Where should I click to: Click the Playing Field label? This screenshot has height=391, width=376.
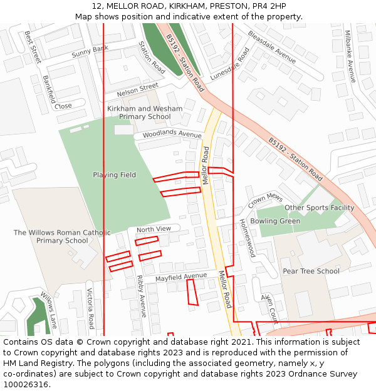(114, 175)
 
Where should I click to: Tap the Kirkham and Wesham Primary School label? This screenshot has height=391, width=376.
(145, 113)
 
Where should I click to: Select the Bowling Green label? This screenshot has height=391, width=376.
(275, 221)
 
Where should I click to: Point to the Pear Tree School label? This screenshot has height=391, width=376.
(311, 271)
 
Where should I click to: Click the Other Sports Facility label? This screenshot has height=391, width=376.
(319, 208)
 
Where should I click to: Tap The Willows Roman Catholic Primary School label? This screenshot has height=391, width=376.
(61, 236)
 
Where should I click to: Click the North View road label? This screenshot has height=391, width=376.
(154, 229)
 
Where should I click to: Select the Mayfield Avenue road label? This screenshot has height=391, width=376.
(180, 277)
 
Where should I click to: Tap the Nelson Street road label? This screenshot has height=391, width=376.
(138, 91)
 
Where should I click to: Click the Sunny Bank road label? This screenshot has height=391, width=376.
(90, 51)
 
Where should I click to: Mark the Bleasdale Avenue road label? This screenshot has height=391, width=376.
(271, 47)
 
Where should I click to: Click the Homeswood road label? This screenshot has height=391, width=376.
(247, 238)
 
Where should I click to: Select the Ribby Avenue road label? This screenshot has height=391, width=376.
(142, 297)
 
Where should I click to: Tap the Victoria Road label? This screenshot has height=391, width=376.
(90, 308)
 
